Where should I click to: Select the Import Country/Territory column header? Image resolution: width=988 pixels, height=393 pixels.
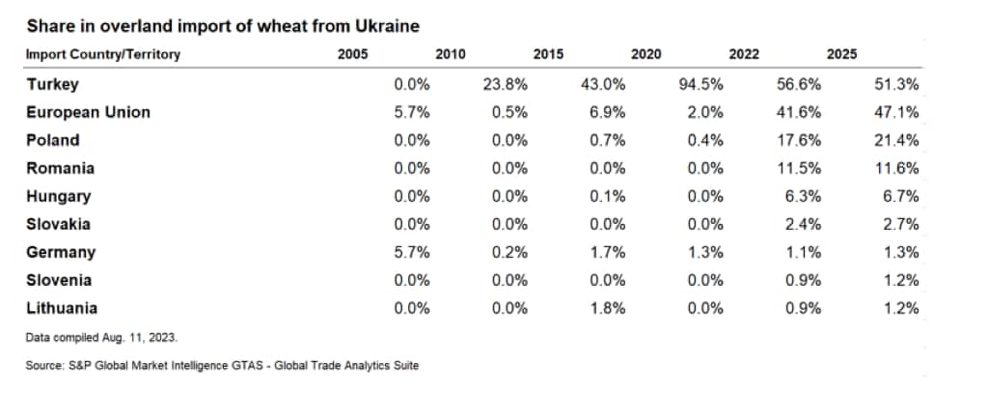103,54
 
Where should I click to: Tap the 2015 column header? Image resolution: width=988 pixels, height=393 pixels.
548,54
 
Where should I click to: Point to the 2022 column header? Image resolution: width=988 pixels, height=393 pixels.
743,54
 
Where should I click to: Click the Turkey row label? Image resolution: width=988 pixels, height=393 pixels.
52,84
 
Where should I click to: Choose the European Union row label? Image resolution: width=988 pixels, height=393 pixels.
88,112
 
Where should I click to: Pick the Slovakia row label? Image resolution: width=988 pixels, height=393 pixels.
59,224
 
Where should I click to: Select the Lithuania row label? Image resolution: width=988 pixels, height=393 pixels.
61,308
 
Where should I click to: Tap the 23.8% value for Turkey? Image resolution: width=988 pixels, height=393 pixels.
507,84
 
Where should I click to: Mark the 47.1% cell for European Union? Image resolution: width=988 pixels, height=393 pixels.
898,112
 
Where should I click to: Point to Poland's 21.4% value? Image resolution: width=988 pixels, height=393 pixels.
898,140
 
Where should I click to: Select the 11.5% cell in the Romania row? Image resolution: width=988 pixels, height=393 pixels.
801,168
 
